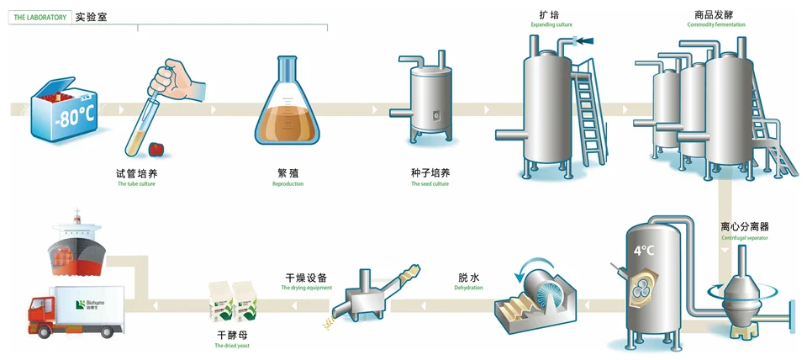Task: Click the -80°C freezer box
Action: click(62, 113)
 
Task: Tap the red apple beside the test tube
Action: click(156, 149)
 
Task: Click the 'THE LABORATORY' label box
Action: click(40, 17)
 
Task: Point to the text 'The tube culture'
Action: click(136, 183)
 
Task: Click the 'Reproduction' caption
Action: click(287, 183)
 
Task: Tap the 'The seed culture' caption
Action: click(430, 183)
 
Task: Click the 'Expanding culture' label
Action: click(551, 25)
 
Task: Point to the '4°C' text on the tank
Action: click(643, 250)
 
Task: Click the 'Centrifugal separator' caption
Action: click(744, 238)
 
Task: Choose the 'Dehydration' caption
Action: click(468, 289)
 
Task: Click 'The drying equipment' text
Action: click(306, 289)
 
